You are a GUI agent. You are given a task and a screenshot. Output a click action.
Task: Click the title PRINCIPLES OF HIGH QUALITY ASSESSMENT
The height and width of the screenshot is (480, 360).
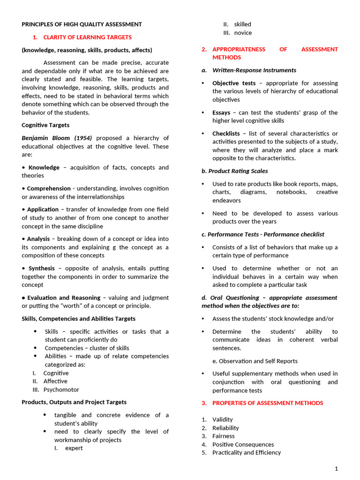click(x=82, y=24)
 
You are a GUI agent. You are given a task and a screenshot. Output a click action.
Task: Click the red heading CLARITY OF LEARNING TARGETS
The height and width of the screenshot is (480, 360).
click(x=87, y=37)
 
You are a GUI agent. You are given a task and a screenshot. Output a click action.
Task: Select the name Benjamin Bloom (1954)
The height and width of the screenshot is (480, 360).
click(x=57, y=138)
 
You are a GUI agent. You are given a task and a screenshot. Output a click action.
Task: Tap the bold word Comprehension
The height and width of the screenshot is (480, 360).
click(x=49, y=188)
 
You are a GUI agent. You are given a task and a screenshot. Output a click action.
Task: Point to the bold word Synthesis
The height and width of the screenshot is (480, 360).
click(x=41, y=268)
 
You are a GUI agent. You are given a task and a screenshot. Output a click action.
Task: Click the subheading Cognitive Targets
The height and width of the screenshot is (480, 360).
click(x=45, y=125)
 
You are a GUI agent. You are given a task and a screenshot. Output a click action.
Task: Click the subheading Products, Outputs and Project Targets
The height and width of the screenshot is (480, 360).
click(x=74, y=402)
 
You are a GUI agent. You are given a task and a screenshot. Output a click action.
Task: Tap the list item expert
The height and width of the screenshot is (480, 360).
click(x=74, y=448)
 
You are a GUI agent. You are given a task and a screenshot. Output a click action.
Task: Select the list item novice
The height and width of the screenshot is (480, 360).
click(x=243, y=33)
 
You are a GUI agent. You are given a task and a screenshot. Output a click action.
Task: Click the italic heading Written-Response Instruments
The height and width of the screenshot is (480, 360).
click(x=254, y=70)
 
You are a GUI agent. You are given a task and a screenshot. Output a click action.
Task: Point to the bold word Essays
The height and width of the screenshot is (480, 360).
click(x=221, y=112)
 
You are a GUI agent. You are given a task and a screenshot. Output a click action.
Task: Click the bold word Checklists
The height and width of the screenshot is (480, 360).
click(x=226, y=134)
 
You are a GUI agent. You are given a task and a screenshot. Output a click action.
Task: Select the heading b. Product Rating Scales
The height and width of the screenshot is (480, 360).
click(x=235, y=171)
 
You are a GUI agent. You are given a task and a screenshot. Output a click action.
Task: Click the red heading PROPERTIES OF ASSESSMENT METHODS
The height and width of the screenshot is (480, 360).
click(x=268, y=403)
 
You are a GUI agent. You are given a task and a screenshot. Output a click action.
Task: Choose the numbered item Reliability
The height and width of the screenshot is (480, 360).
click(x=225, y=428)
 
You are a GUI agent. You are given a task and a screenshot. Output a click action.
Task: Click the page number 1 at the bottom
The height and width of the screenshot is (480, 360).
click(x=336, y=469)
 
